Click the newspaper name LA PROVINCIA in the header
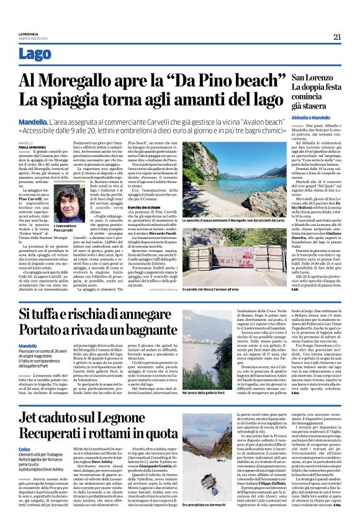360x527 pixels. (x=29, y=33)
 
